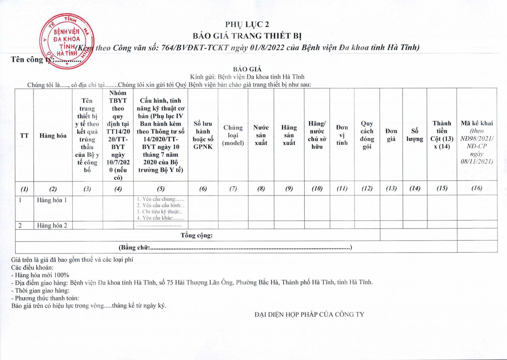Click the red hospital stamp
click(67, 41)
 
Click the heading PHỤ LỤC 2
click(247, 24)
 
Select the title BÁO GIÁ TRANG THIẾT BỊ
click(247, 35)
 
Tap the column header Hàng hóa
click(53, 136)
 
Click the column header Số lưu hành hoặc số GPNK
click(203, 135)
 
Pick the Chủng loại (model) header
click(233, 135)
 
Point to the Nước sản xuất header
click(261, 135)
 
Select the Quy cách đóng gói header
click(367, 135)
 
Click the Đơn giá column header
click(391, 135)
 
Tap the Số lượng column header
click(415, 135)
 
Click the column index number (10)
click(317, 189)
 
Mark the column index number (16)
click(477, 188)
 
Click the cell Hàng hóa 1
click(52, 200)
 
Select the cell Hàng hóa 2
click(52, 226)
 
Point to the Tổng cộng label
click(196, 235)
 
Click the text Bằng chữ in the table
click(134, 248)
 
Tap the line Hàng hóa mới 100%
click(42, 275)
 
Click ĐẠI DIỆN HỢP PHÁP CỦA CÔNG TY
click(309, 314)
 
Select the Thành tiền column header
click(442, 135)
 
